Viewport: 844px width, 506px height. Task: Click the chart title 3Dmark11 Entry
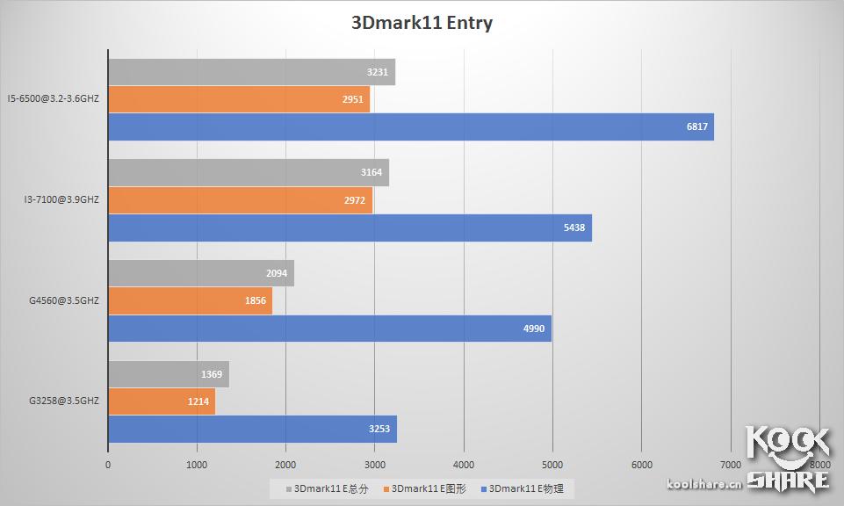pos(422,23)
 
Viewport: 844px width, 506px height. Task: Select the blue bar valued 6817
pos(410,126)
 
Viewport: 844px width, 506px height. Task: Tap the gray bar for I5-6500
pos(251,72)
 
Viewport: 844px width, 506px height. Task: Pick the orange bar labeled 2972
pos(240,200)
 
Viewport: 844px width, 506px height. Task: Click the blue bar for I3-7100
pos(350,228)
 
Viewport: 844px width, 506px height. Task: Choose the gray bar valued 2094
pos(200,273)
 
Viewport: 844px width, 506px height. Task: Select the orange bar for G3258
pos(162,401)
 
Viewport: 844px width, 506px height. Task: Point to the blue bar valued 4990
pos(329,329)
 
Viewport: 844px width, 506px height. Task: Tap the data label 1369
pos(211,374)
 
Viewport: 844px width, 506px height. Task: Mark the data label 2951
pos(353,99)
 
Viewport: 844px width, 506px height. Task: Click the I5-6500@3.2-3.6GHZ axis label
pos(53,99)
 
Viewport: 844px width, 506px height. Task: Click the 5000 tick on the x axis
pos(552,465)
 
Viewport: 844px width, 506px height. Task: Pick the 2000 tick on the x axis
pos(286,465)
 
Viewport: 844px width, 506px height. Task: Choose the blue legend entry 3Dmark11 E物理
pos(525,488)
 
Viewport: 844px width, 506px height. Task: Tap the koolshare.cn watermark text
pos(704,483)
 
